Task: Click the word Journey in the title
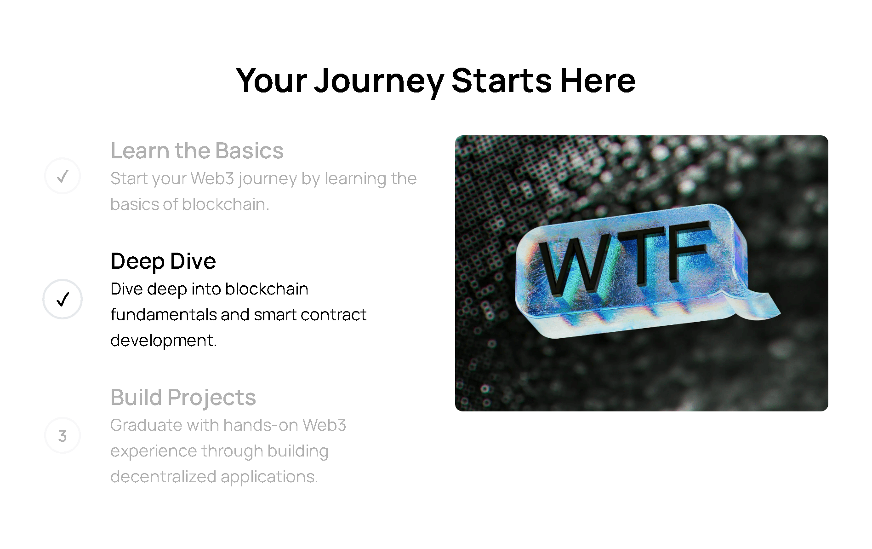379,82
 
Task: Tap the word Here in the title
598,81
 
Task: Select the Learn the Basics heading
197,150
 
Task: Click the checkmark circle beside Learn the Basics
63,176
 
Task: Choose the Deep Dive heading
163,261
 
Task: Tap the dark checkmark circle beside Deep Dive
63,299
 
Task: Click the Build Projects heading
183,397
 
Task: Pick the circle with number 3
63,435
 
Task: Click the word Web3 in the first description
212,178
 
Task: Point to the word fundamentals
164,315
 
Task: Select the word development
163,341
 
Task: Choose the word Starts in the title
502,81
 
